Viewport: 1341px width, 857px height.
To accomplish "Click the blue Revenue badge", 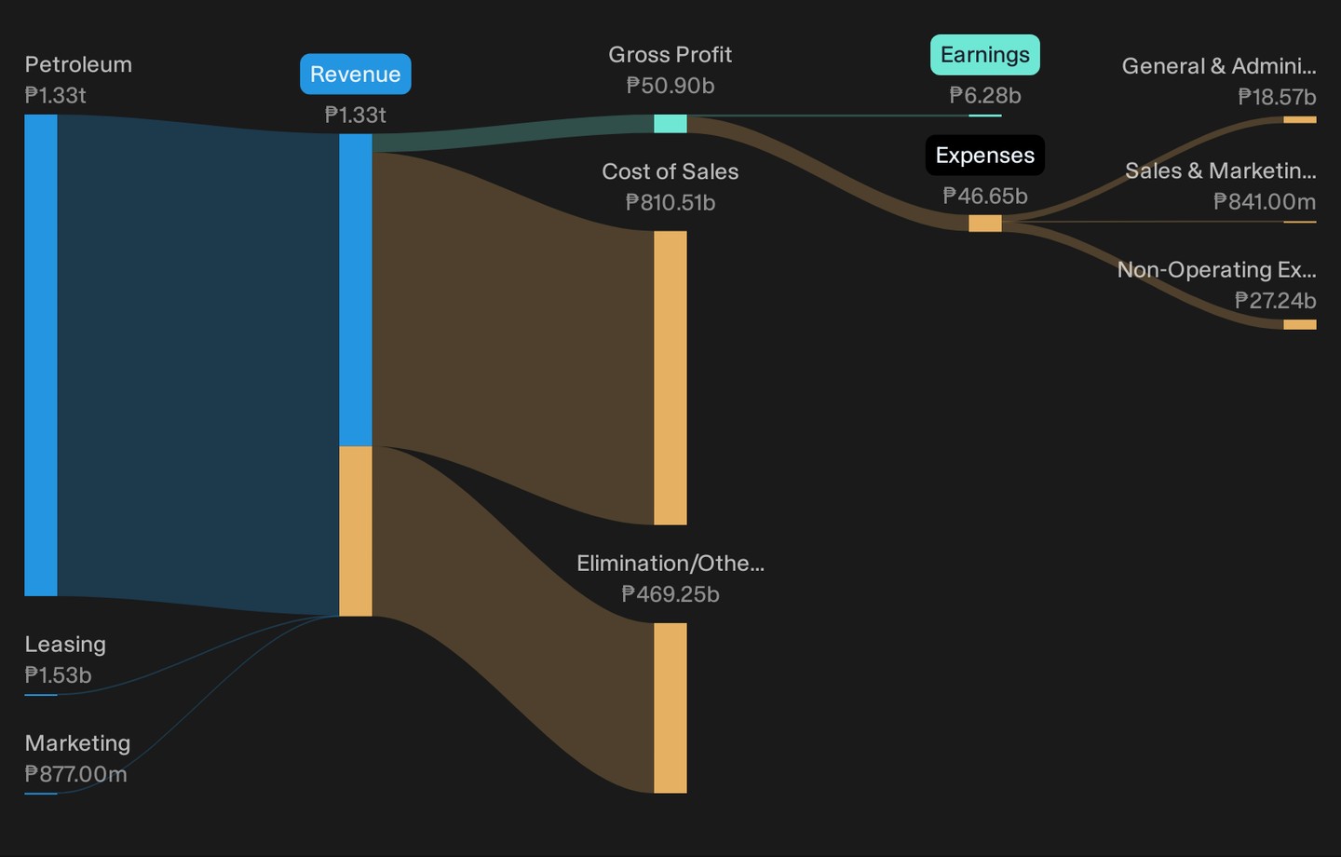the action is [356, 75].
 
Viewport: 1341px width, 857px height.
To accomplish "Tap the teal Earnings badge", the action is [985, 55].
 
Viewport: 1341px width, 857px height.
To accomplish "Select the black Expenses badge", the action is [985, 156].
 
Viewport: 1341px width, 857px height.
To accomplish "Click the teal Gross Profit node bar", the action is [670, 123].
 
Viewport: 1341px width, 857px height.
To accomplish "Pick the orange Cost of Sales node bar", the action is [670, 378].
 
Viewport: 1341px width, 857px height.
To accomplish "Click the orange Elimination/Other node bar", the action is [670, 708].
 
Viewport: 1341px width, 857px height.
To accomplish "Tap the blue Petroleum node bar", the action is [41, 355].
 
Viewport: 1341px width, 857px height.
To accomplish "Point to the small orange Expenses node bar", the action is [985, 224].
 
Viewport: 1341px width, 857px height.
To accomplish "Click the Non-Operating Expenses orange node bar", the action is [1300, 324].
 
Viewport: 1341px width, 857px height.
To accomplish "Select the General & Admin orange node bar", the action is [1300, 120].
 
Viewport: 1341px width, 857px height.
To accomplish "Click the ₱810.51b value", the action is [670, 202].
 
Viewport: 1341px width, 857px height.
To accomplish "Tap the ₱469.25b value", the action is [670, 594].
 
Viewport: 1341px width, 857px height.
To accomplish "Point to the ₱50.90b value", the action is [670, 86].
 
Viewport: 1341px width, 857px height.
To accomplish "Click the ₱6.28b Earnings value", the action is [985, 95].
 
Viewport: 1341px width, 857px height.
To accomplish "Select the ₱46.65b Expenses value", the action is [985, 196].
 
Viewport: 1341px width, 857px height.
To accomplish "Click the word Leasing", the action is [65, 645].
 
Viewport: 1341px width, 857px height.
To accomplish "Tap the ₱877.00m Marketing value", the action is [75, 774].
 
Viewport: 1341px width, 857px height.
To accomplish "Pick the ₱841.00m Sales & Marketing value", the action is [1265, 202].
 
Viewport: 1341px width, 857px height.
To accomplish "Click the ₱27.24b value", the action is [1276, 300].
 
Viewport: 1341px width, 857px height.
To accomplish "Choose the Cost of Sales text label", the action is [670, 172].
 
